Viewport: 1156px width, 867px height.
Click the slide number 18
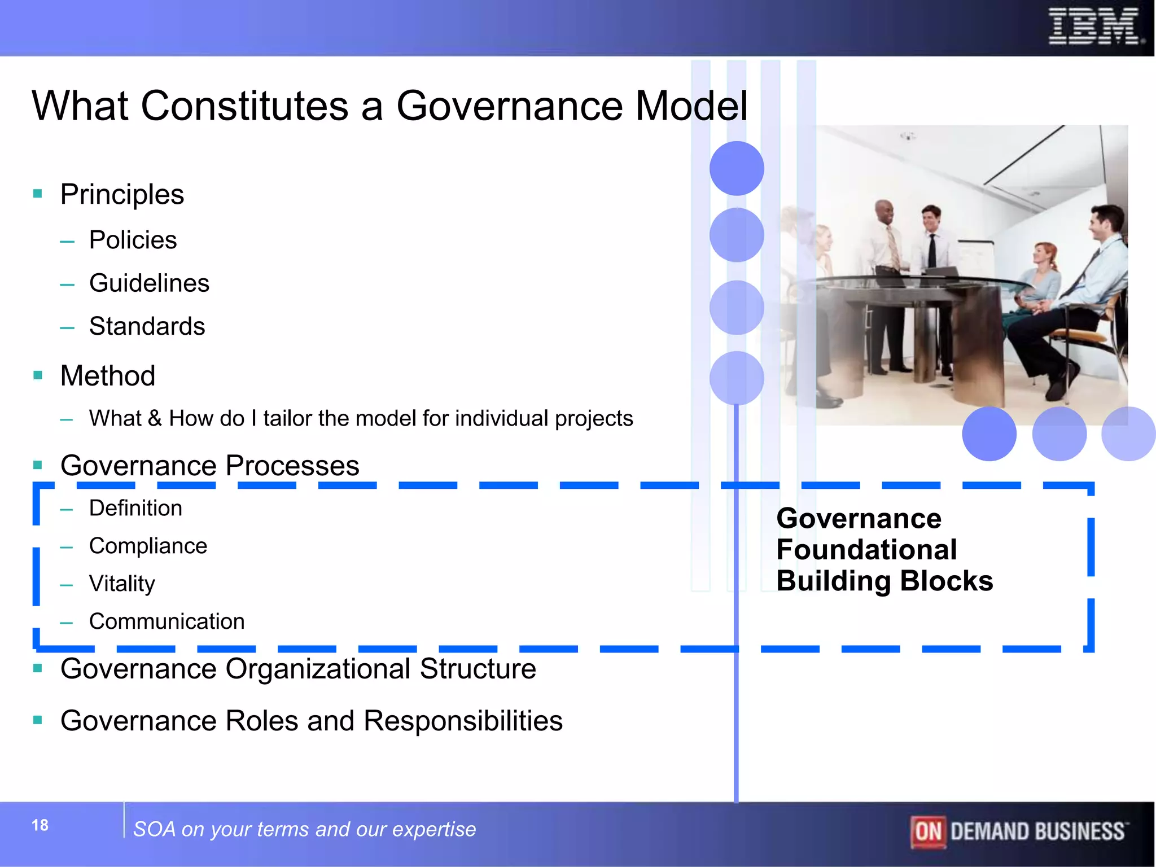[x=40, y=825]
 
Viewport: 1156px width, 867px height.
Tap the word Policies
[x=133, y=240]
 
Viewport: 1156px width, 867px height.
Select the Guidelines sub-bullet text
[x=149, y=283]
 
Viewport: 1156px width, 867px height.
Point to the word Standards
[x=147, y=326]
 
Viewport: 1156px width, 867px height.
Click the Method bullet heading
[x=108, y=375]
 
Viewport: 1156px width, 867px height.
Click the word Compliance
[x=148, y=546]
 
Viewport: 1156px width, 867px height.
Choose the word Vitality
[x=122, y=584]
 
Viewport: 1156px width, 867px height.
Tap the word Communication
[x=167, y=621]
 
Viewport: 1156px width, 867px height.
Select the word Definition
[x=135, y=508]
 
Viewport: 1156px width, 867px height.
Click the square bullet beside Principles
[x=38, y=194]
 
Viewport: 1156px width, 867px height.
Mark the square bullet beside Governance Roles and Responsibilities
[x=38, y=720]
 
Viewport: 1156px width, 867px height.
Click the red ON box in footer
[x=928, y=831]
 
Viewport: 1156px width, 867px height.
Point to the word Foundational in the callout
[x=866, y=549]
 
